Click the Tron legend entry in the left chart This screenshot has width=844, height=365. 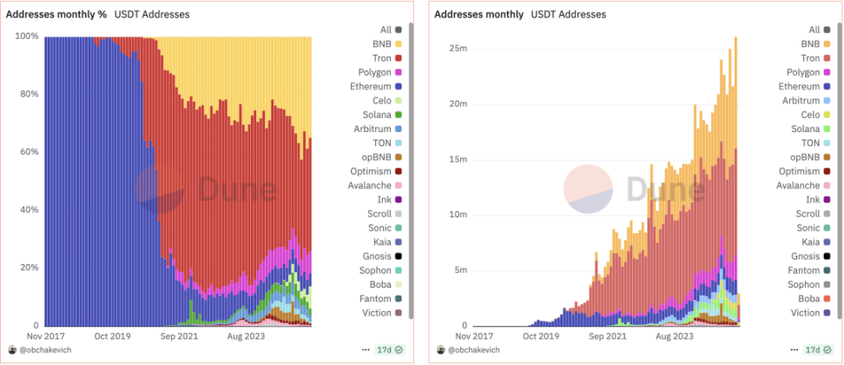[x=379, y=57]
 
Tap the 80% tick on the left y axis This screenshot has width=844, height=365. [x=28, y=94]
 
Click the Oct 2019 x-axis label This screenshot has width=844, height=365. [x=112, y=335]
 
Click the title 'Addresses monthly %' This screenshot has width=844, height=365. [x=56, y=15]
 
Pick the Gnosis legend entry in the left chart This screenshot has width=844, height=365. [x=379, y=255]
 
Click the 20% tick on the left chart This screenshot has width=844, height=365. [x=28, y=268]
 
